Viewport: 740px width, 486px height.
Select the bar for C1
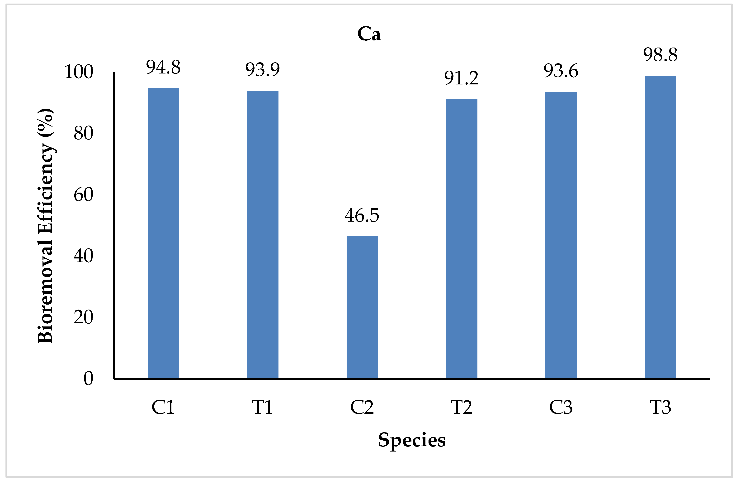(163, 233)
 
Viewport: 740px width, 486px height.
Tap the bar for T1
(263, 235)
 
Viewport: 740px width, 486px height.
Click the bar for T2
(462, 239)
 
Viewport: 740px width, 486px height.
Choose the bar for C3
(561, 235)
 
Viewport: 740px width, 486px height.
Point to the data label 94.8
(163, 67)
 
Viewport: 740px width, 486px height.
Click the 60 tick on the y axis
(83, 195)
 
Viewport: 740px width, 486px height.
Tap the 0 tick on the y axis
(88, 379)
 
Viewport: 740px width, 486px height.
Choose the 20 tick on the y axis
(83, 318)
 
